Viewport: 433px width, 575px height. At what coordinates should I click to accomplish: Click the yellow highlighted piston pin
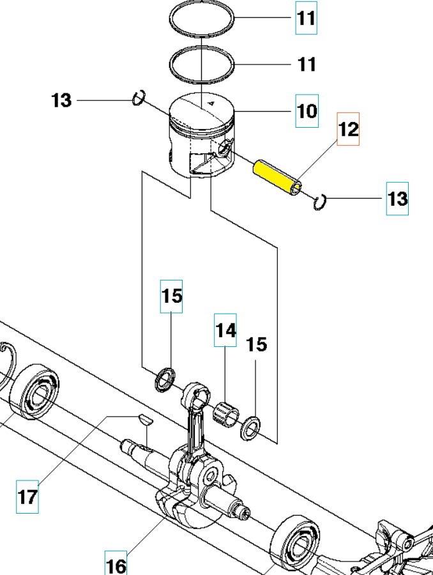click(x=276, y=178)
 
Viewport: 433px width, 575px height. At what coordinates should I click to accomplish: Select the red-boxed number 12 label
click(x=348, y=129)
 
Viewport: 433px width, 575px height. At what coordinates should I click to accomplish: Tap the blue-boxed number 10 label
click(x=307, y=111)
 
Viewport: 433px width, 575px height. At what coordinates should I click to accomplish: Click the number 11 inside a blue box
click(x=306, y=18)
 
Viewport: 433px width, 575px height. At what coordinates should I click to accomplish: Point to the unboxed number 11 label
click(x=307, y=65)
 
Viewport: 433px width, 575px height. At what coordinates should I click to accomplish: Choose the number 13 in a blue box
click(x=397, y=199)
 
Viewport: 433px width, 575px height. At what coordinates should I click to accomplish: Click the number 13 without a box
click(x=62, y=100)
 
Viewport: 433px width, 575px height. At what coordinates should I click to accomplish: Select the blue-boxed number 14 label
click(x=225, y=330)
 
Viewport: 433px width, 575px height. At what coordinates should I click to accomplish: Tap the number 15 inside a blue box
click(x=171, y=296)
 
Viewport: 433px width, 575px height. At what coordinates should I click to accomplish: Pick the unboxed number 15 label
click(x=257, y=345)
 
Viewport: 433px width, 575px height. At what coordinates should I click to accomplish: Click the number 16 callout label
click(x=116, y=565)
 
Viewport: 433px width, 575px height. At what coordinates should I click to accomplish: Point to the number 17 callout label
click(x=27, y=496)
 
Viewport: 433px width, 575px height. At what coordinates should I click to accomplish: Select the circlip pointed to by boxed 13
click(x=321, y=203)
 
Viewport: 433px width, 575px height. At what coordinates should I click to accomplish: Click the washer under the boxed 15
click(x=165, y=379)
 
